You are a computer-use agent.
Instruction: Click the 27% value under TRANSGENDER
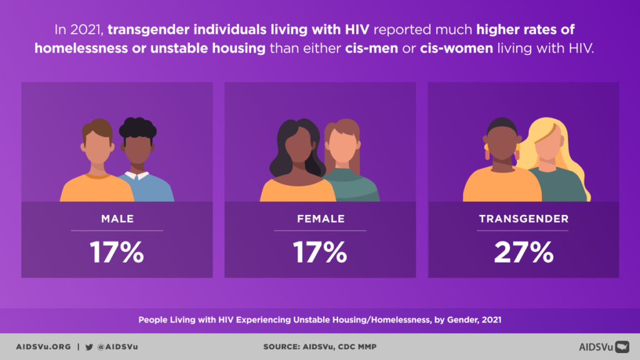point(523,252)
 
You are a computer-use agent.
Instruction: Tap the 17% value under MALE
point(117,252)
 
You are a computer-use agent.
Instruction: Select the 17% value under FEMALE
point(320,252)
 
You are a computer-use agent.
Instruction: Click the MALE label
point(117,219)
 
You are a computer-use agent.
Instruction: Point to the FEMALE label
point(320,219)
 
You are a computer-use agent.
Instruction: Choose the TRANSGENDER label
point(523,219)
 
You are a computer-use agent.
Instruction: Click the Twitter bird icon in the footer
point(89,346)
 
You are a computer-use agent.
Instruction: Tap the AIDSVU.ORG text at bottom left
point(43,346)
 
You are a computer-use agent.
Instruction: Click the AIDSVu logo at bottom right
point(603,346)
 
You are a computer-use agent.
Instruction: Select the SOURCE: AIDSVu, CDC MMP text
point(320,346)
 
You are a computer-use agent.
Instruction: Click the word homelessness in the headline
point(75,47)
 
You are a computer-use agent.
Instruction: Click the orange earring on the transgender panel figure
point(487,152)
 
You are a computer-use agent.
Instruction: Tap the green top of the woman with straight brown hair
point(356,187)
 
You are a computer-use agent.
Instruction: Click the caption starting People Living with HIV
point(320,319)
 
